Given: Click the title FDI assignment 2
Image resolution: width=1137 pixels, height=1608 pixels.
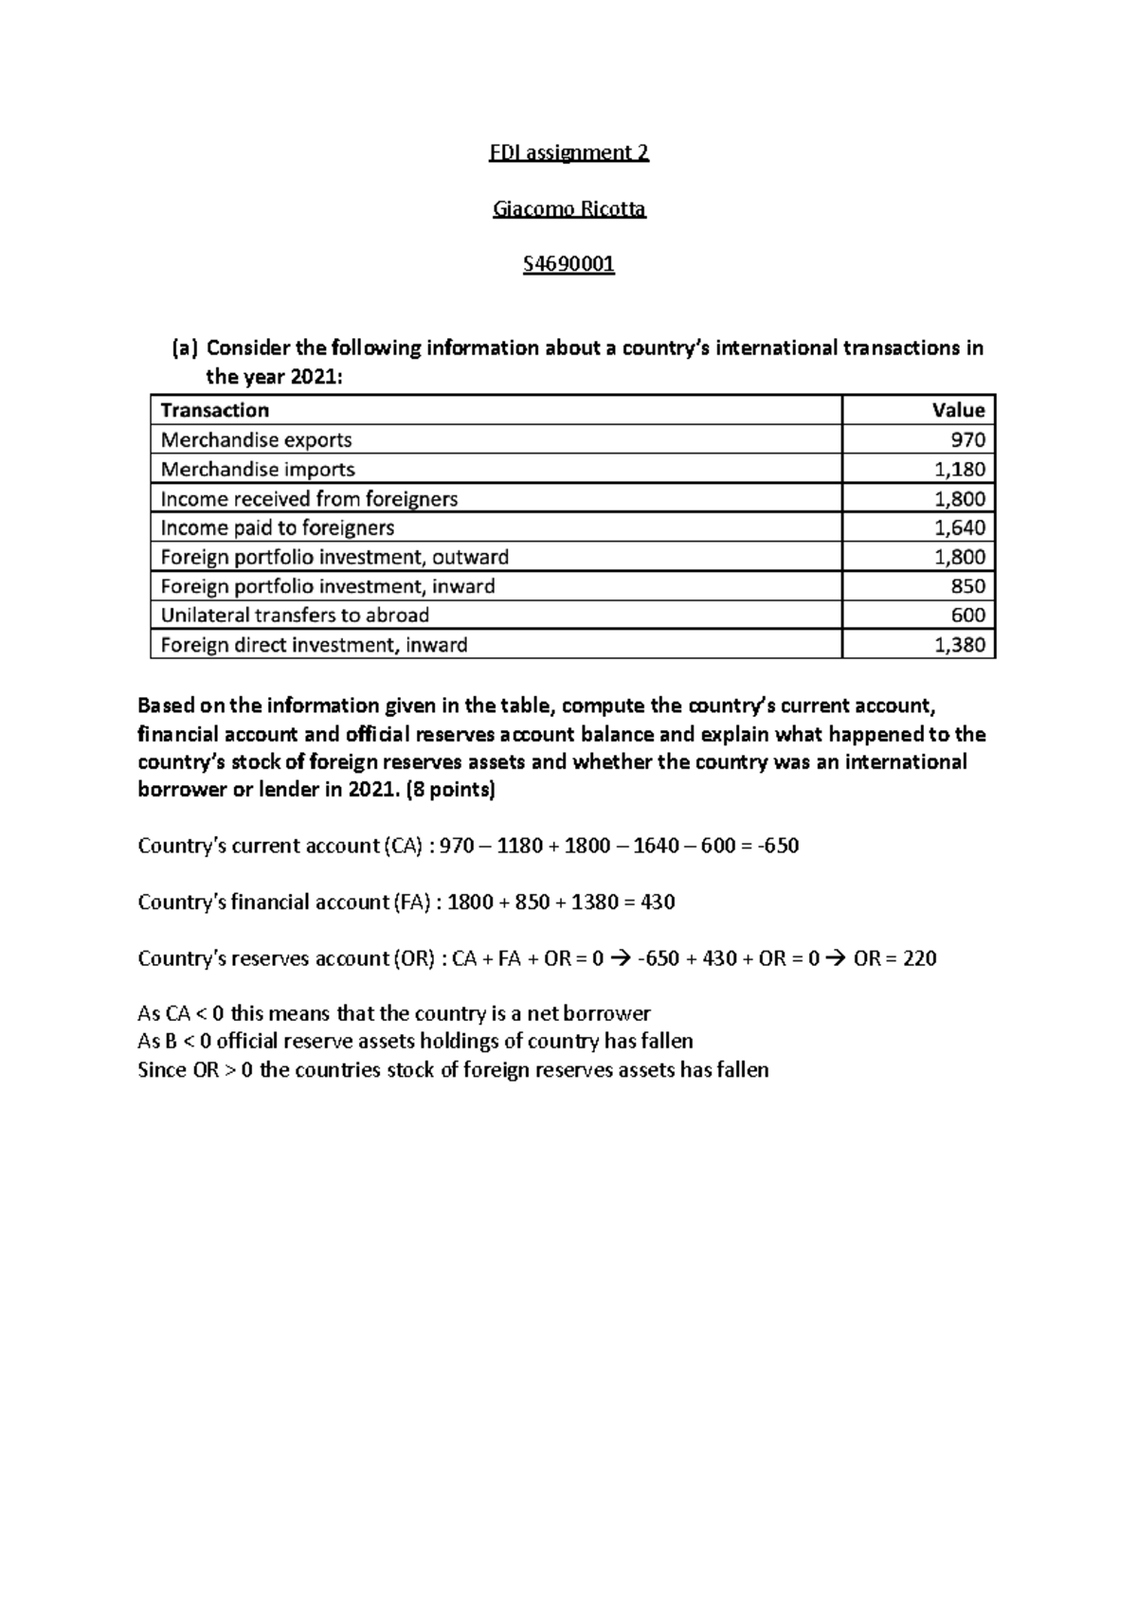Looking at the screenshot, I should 568,152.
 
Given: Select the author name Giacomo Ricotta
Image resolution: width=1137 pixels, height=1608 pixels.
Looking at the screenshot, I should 568,208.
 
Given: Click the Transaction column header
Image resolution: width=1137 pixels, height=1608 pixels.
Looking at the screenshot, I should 215,410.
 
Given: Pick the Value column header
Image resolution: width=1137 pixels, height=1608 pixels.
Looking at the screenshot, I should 958,410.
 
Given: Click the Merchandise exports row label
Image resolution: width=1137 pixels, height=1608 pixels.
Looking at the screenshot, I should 256,439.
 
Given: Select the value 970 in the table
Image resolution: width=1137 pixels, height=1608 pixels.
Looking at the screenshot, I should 968,439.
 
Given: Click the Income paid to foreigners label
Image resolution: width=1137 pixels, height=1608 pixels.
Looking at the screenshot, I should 277,527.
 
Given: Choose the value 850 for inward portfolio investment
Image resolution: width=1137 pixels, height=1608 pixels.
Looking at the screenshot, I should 967,586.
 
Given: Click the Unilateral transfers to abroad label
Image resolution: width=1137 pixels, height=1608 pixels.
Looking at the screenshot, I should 295,616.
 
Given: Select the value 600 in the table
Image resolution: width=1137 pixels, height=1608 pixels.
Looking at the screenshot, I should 967,616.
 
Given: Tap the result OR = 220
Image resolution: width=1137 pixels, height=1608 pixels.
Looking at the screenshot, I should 894,958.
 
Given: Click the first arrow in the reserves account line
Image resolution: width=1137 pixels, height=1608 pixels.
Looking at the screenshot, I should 620,958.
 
